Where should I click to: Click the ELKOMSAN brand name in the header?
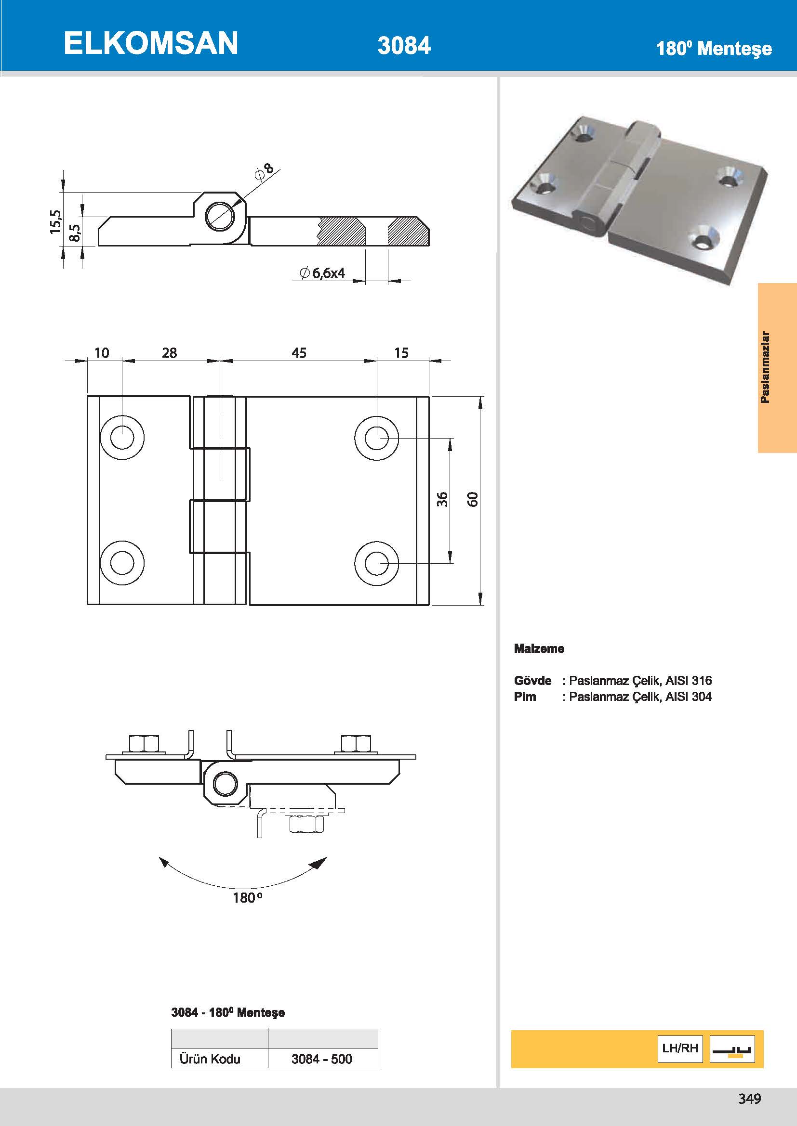(151, 43)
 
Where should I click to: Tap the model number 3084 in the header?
(404, 46)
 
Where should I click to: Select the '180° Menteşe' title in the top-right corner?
(713, 49)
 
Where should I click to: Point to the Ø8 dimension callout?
(265, 171)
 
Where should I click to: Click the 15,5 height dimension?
(56, 221)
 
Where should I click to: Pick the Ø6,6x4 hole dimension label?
(323, 273)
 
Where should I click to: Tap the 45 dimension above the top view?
(299, 353)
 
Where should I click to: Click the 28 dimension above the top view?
(169, 353)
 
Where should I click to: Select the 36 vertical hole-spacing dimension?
(442, 499)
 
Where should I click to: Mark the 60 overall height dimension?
(472, 499)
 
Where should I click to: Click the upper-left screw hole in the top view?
(122, 438)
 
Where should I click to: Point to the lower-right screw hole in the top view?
(376, 563)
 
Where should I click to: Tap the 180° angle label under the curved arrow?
(247, 898)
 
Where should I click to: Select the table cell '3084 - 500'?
(322, 1059)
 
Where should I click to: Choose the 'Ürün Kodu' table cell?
(210, 1059)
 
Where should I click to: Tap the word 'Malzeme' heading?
(539, 649)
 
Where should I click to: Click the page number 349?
(749, 1099)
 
